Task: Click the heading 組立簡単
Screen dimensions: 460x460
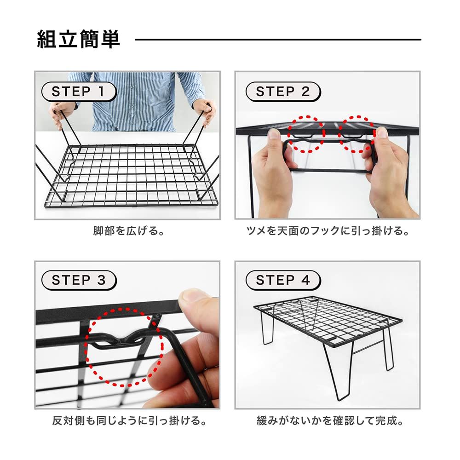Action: (x=78, y=40)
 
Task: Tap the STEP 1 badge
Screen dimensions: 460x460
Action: (x=78, y=92)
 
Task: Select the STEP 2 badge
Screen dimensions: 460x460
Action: (x=283, y=92)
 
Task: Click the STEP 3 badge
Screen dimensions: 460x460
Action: (x=78, y=280)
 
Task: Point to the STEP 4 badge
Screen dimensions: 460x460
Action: (x=283, y=280)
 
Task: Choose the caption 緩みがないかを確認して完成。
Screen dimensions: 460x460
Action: (x=328, y=420)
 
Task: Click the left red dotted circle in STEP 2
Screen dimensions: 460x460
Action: (x=306, y=134)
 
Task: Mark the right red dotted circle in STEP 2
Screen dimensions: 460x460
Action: (x=357, y=134)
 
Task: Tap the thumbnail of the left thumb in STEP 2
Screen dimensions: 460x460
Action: (x=274, y=134)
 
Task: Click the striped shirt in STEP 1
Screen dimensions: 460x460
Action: (x=133, y=101)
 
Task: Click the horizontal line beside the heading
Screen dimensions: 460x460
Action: (x=278, y=40)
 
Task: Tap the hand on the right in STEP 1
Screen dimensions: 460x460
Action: (x=205, y=110)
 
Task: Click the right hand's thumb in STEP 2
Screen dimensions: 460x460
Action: (x=380, y=138)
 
